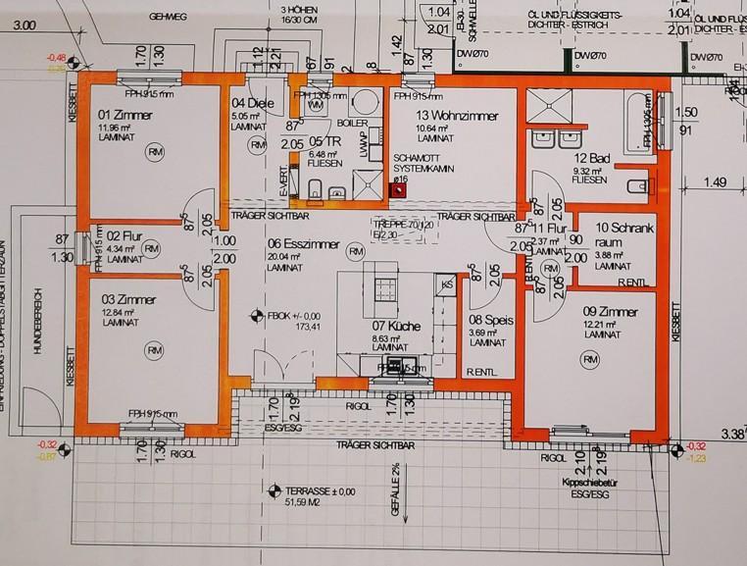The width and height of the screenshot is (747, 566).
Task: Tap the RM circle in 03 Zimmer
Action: (x=153, y=350)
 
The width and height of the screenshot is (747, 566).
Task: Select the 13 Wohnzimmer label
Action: (x=432, y=116)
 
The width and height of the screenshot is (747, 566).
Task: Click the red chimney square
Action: (x=398, y=193)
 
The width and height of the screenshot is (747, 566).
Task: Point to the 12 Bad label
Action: (x=593, y=159)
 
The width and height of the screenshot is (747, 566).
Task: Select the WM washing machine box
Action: (x=315, y=104)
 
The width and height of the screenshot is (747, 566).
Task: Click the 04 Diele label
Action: (x=250, y=103)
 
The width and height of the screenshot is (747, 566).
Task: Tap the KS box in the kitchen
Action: (x=446, y=283)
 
